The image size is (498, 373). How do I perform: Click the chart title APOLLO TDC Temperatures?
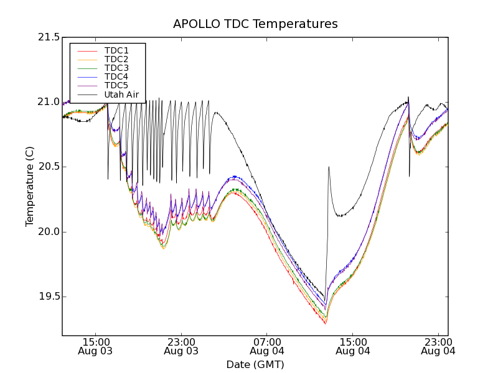(255, 24)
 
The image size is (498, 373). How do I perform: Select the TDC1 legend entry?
(116, 50)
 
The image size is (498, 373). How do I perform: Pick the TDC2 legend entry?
(116, 59)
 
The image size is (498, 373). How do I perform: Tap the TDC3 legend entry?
(116, 68)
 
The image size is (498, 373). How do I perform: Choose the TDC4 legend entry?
(116, 76)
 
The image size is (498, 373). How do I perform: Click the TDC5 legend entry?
(116, 85)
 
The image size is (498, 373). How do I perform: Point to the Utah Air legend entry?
(121, 94)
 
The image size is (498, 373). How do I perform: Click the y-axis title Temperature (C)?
(30, 186)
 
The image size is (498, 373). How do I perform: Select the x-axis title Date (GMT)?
(255, 364)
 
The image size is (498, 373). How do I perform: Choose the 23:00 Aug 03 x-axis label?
(182, 346)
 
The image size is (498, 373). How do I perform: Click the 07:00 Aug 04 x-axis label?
(267, 346)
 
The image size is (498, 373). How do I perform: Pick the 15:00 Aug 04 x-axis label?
(353, 346)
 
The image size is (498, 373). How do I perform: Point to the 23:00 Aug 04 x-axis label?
(438, 346)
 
